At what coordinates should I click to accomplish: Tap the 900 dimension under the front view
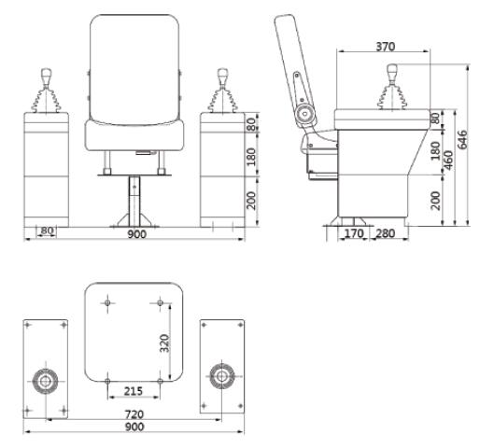(136, 234)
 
